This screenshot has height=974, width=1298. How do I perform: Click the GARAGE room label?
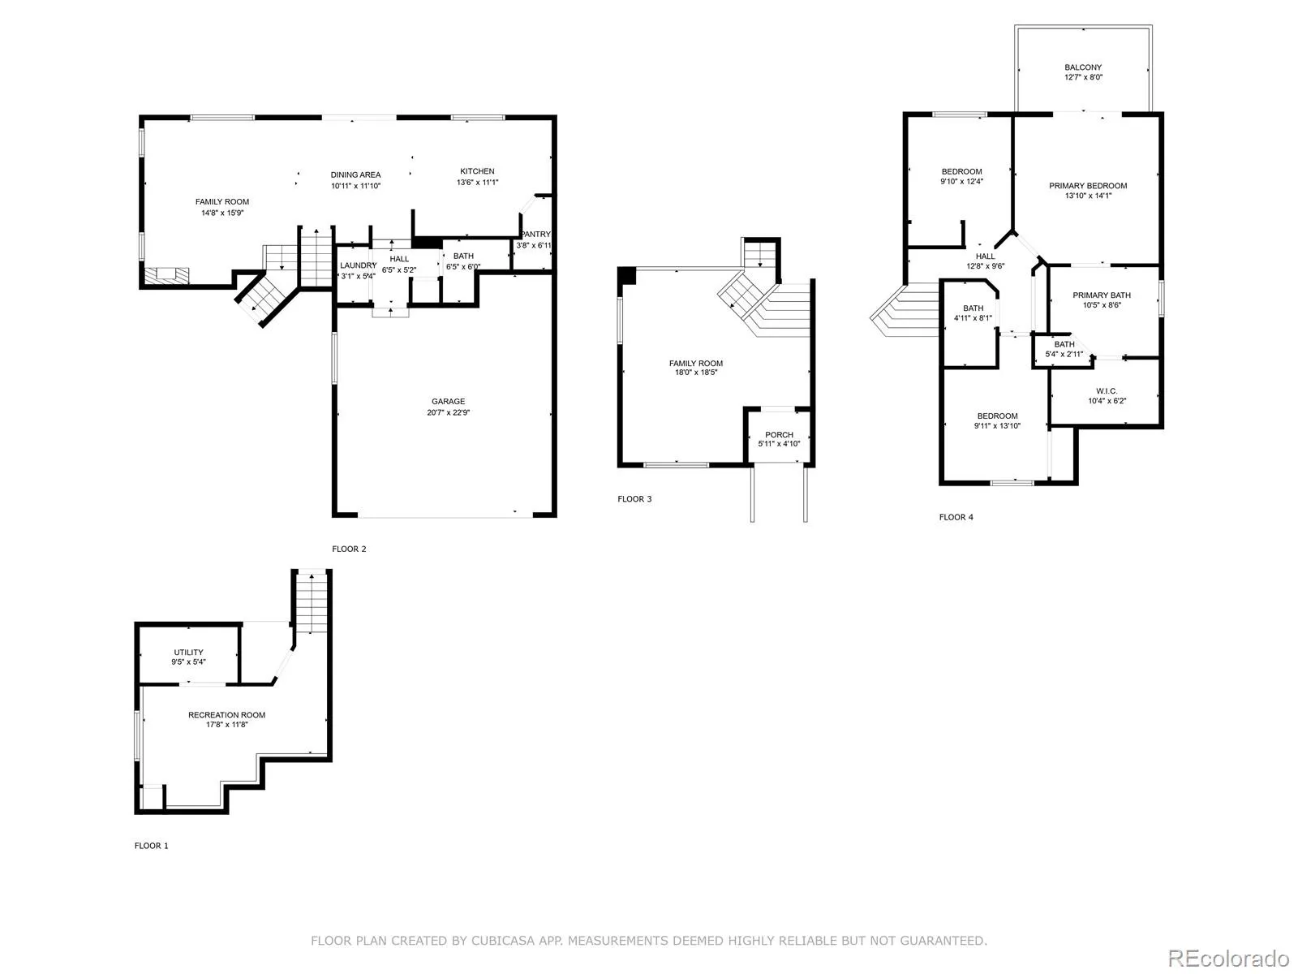448,402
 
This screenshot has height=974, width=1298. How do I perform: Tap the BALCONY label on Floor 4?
1083,67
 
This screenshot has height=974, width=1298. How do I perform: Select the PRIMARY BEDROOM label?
1088,186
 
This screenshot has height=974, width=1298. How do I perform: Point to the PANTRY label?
535,235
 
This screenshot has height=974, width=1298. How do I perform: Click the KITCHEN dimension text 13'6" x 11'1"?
477,182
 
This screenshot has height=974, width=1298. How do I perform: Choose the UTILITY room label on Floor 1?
189,653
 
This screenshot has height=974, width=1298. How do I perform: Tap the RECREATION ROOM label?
226,715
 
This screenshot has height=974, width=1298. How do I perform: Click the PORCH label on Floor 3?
779,435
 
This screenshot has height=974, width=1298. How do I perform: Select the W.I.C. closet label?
1107,391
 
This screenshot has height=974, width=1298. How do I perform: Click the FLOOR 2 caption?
349,549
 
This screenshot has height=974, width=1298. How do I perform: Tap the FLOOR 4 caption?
956,517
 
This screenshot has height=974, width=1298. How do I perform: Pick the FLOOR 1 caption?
152,846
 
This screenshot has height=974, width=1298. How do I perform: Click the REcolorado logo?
1229,958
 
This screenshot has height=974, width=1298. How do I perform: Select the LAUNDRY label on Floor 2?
358,265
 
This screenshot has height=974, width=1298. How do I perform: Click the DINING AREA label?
355,175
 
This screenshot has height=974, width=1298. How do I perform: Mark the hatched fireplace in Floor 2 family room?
167,275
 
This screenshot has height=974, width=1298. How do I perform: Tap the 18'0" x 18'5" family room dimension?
695,373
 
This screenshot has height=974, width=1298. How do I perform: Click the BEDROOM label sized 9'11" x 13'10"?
997,416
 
